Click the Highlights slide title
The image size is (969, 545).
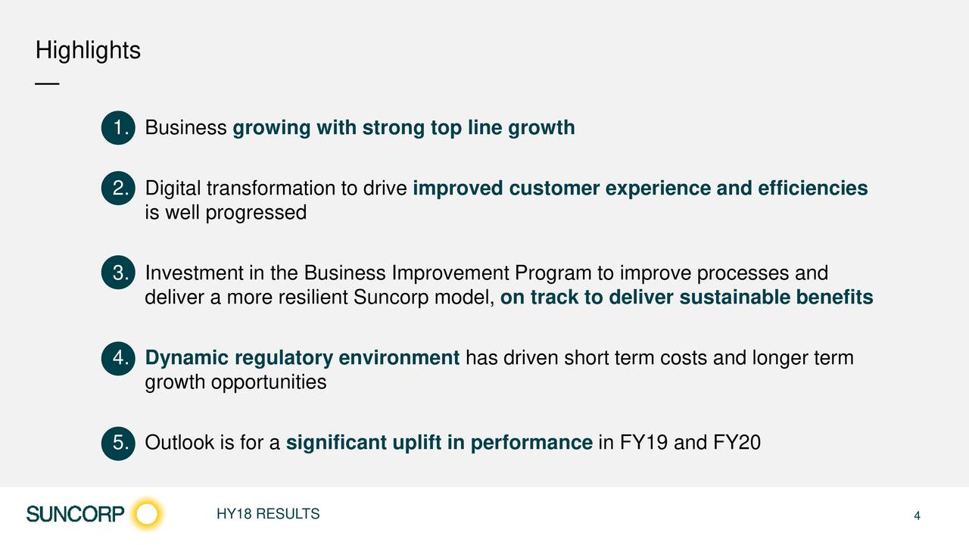[x=88, y=51]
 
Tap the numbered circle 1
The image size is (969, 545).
[x=118, y=128]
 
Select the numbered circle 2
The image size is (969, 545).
[x=118, y=188]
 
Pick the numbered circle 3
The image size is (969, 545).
[x=118, y=272]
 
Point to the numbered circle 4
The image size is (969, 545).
[x=118, y=358]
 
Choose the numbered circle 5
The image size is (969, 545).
[x=118, y=443]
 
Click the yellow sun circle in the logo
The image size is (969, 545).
[x=147, y=514]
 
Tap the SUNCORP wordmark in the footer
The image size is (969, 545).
[x=75, y=514]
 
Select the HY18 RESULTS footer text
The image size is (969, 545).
[x=268, y=514]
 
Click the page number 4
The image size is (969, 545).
[x=917, y=515]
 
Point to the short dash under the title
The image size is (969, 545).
[x=47, y=83]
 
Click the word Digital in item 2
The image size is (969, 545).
[x=173, y=189]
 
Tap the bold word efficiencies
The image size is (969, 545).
[x=813, y=188]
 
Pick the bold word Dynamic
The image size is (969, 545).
[x=187, y=359]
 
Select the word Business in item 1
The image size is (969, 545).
[x=186, y=128]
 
